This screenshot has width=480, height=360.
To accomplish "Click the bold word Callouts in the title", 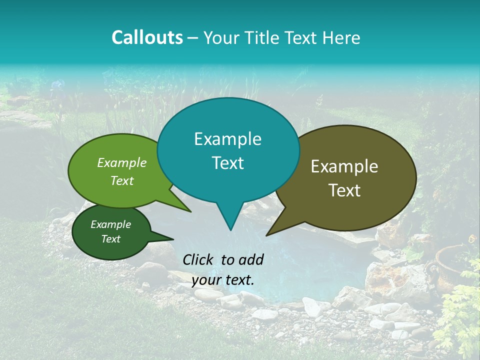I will click(147, 37).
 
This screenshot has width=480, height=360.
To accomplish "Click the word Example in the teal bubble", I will click(227, 139).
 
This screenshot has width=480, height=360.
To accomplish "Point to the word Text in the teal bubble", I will click(227, 163).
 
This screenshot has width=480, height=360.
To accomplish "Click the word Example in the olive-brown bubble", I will click(344, 166).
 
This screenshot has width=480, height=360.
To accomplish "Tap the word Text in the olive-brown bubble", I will click(344, 190).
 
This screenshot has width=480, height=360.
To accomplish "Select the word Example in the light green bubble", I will click(121, 162).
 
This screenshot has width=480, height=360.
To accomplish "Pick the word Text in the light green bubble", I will click(121, 180).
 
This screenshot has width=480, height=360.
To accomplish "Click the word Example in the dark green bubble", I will click(110, 224).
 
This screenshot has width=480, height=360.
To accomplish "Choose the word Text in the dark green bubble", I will click(110, 239).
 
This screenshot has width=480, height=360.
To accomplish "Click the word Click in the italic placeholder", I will click(199, 259).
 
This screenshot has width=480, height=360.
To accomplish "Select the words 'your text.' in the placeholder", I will click(223, 280).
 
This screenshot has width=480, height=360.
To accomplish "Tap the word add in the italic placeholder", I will click(251, 259).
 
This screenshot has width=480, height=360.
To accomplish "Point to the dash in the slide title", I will click(193, 38).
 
